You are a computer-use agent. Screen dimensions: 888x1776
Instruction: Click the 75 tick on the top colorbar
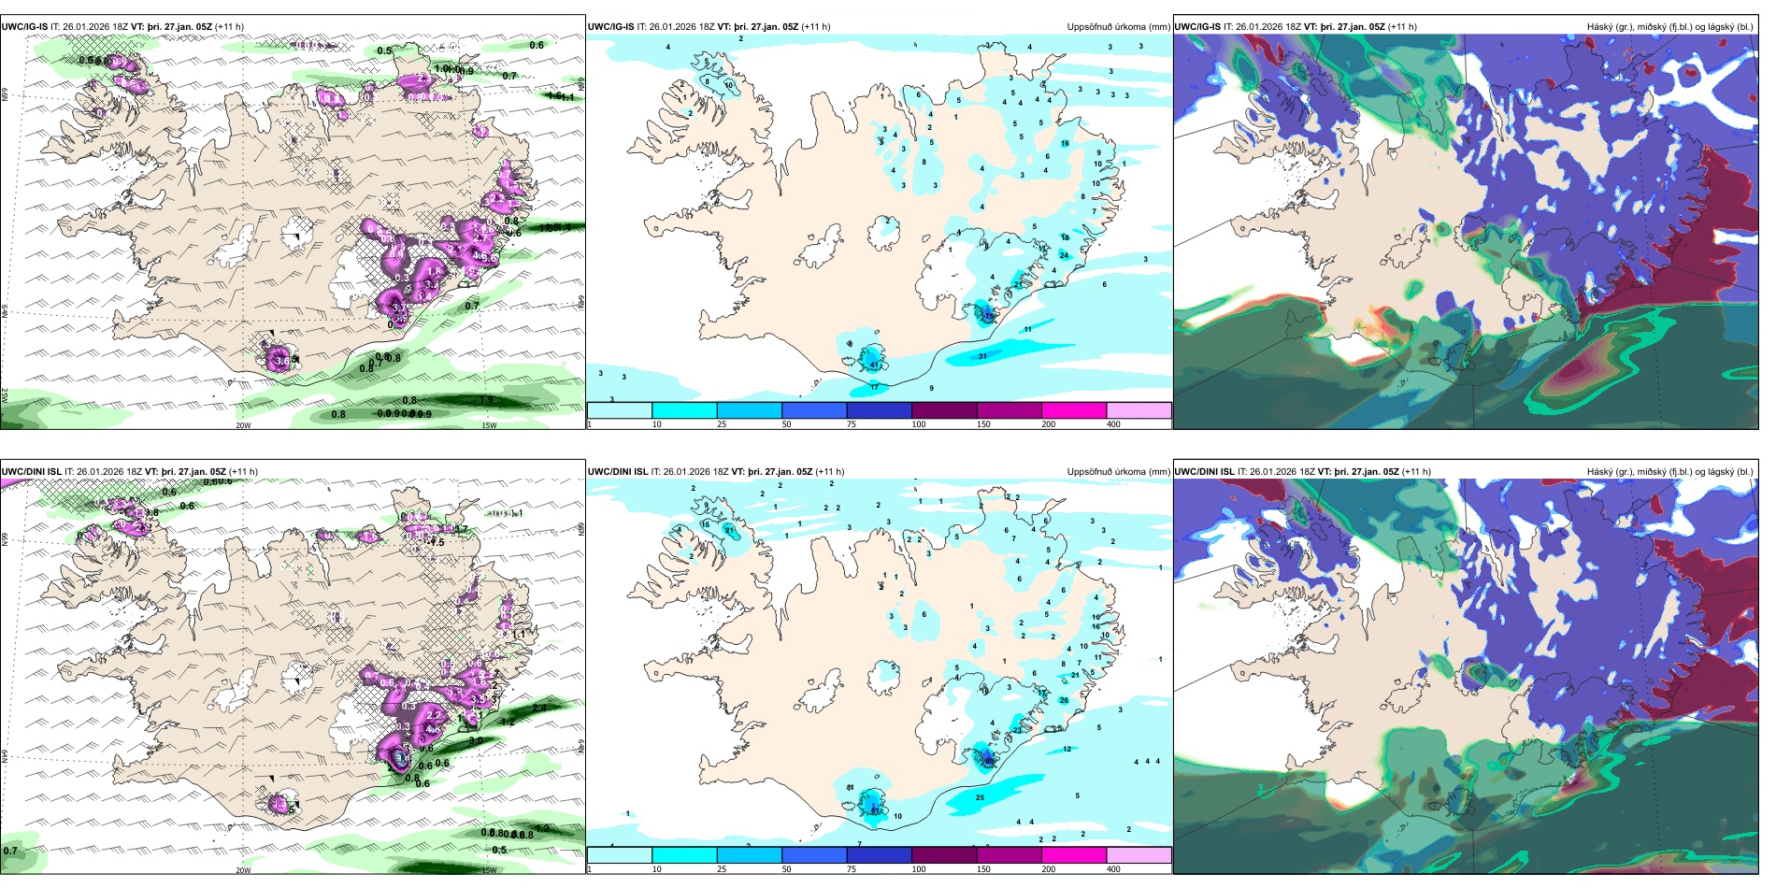tap(852, 424)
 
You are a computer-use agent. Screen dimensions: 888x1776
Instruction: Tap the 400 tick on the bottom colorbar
tap(1113, 869)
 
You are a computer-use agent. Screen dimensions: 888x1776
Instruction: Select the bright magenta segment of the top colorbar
tap(1073, 410)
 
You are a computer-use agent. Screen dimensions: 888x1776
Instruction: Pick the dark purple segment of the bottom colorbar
tap(943, 855)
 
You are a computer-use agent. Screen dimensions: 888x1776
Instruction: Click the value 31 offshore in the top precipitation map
tap(982, 356)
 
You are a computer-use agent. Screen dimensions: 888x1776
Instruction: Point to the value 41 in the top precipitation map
tap(874, 363)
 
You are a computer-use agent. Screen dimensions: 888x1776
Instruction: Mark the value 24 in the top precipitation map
tap(1064, 255)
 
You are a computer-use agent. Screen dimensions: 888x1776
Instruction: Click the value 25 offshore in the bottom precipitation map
tap(981, 797)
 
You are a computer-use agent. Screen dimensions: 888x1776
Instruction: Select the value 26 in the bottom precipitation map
tap(1064, 700)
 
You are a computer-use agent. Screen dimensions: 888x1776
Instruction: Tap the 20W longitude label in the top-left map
tap(243, 425)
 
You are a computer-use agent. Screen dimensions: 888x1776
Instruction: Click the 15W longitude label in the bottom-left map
tap(489, 870)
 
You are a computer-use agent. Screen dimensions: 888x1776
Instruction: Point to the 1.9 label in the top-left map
tap(486, 400)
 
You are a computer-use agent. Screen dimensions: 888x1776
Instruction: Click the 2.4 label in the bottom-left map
tap(539, 709)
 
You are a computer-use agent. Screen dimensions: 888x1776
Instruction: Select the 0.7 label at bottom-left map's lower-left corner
tap(10, 851)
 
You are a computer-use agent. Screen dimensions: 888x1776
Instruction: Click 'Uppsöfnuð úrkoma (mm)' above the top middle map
tap(1118, 27)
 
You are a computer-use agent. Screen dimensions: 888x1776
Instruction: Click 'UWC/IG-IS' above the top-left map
tap(24, 27)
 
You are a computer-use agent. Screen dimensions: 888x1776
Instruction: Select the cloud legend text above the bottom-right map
tap(1669, 472)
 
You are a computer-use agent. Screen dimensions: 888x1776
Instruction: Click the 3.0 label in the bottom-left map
tap(476, 740)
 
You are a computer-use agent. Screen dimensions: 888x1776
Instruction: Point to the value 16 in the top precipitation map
tap(1065, 144)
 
